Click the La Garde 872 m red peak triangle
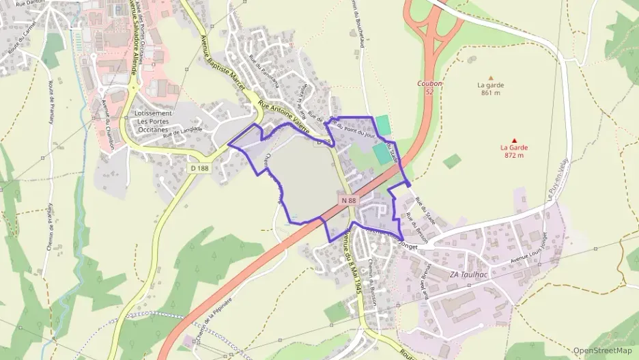click(x=515, y=140)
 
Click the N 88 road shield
click(x=347, y=200)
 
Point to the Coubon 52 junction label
click(x=429, y=87)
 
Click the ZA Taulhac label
click(x=467, y=275)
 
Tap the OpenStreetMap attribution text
click(x=602, y=350)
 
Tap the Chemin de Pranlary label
click(x=50, y=226)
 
